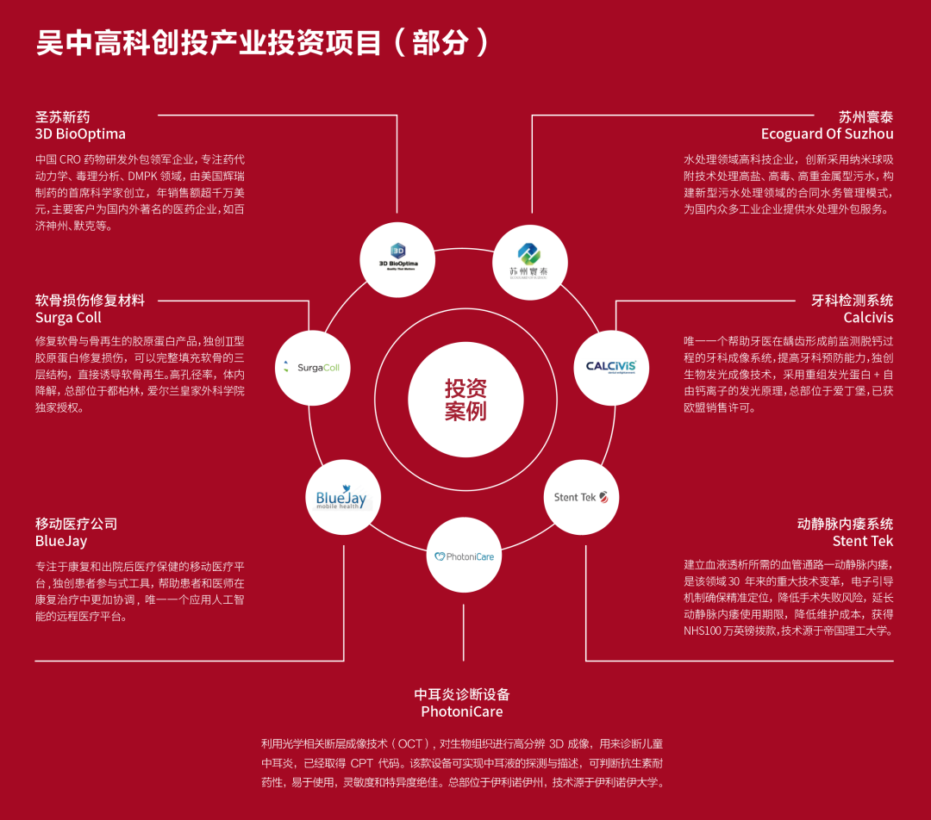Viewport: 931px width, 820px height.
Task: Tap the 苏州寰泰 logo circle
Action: pyautogui.click(x=531, y=261)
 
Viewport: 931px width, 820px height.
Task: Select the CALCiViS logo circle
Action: pyautogui.click(x=611, y=367)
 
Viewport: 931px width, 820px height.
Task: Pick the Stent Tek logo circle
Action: pyautogui.click(x=581, y=497)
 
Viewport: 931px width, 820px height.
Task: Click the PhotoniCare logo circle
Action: pyautogui.click(x=464, y=556)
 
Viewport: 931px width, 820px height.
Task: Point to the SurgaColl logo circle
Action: pyautogui.click(x=311, y=367)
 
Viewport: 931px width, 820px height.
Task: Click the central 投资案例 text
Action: pyautogui.click(x=465, y=400)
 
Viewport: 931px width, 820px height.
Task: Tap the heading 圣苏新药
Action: pyautogui.click(x=62, y=117)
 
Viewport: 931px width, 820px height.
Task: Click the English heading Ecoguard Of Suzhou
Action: pyautogui.click(x=827, y=134)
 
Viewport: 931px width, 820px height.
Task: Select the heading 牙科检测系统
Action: pyautogui.click(x=852, y=301)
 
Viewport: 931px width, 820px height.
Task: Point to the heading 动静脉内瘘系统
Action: pyautogui.click(x=845, y=524)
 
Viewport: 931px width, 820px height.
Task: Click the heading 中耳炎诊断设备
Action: pyautogui.click(x=462, y=694)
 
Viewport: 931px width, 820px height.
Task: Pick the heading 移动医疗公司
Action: pyautogui.click(x=76, y=524)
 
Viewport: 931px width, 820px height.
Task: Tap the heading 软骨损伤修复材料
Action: pyautogui.click(x=90, y=301)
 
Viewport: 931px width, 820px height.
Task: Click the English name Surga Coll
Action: pyautogui.click(x=68, y=318)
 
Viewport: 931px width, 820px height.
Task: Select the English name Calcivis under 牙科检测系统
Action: pyautogui.click(x=868, y=318)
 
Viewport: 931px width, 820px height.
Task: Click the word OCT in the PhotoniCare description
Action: pyautogui.click(x=411, y=743)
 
